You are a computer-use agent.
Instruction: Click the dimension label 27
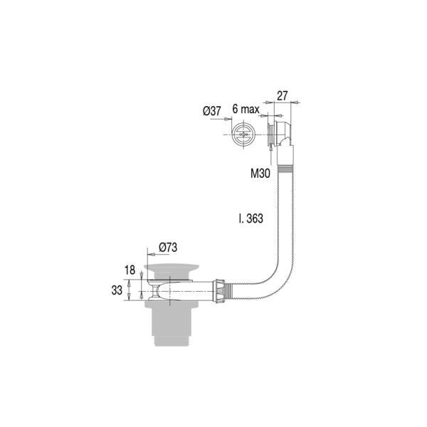pyautogui.click(x=282, y=96)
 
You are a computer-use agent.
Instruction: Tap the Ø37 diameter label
pyautogui.click(x=211, y=111)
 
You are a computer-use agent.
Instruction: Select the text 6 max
pyautogui.click(x=246, y=109)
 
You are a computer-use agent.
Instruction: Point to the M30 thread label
pyautogui.click(x=260, y=173)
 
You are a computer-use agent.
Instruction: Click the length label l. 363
pyautogui.click(x=251, y=218)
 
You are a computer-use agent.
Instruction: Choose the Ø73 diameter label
pyautogui.click(x=168, y=247)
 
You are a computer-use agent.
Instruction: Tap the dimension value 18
pyautogui.click(x=130, y=270)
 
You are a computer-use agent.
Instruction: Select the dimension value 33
pyautogui.click(x=117, y=290)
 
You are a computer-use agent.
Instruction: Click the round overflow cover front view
pyautogui.click(x=243, y=135)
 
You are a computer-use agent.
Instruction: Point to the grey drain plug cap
pyautogui.click(x=172, y=268)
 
